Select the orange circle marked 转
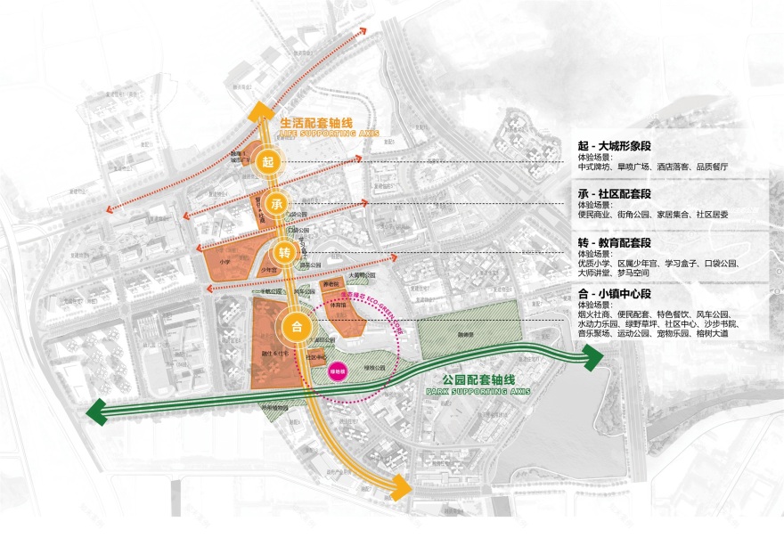tap(284, 250)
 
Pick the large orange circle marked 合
tap(296, 326)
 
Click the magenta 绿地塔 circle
tap(338, 372)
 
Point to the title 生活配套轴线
tap(317, 125)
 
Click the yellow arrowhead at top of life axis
tap(259, 110)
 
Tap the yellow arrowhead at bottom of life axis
tap(402, 487)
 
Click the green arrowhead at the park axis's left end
tap(97, 412)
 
